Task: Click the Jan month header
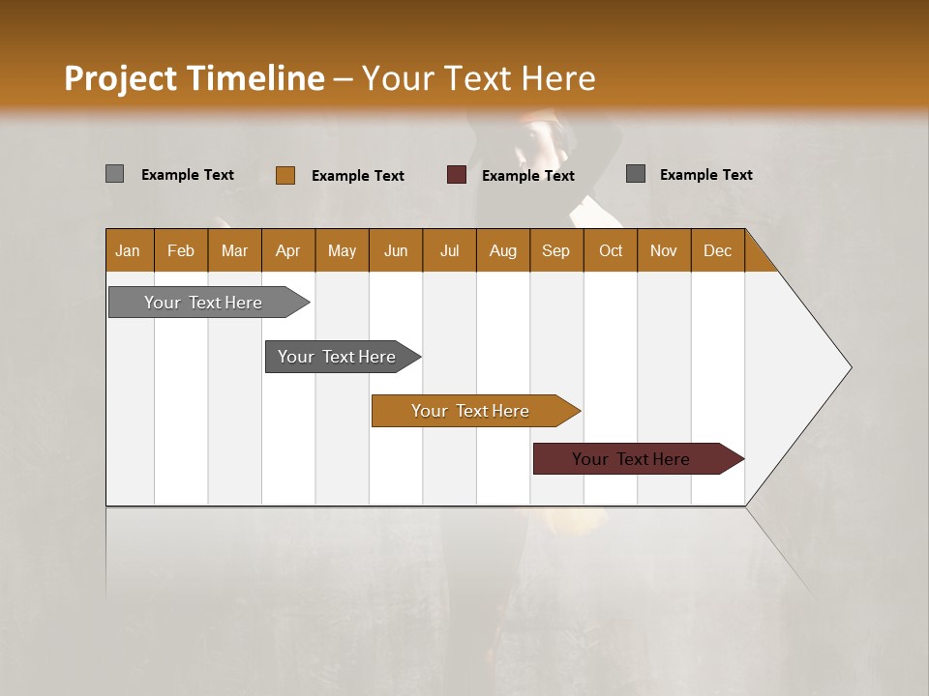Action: point(129,250)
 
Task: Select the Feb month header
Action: point(181,250)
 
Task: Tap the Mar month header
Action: point(234,250)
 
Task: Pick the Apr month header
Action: point(288,250)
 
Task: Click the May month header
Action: point(342,250)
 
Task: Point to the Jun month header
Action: point(396,250)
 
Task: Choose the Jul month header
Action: point(449,250)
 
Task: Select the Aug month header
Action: point(503,250)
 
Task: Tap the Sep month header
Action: point(556,250)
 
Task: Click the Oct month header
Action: point(611,250)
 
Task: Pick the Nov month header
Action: point(664,250)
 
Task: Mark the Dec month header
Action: point(718,250)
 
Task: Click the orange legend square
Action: point(285,175)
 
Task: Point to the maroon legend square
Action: point(457,175)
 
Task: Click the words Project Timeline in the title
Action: point(195,78)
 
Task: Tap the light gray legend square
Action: point(115,174)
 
